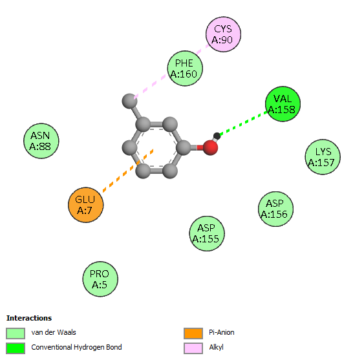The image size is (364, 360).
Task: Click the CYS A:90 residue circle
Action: [223, 34]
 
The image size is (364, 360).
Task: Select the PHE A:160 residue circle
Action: [185, 69]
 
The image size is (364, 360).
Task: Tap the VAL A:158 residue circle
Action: [283, 104]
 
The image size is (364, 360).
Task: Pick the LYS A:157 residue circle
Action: [323, 157]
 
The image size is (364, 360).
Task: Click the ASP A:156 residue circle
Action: [275, 209]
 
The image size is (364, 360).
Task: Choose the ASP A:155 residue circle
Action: [207, 233]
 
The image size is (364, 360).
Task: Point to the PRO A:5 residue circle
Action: [100, 279]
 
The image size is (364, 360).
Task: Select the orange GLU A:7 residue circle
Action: [85, 205]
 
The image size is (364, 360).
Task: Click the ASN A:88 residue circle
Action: [41, 141]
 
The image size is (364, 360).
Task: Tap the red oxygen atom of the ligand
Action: [210, 147]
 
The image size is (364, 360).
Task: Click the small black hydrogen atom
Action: [217, 136]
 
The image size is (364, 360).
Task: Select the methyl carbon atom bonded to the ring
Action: [129, 101]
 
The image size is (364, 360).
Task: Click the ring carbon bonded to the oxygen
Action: [184, 147]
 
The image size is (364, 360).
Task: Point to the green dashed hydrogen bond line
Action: [243, 123]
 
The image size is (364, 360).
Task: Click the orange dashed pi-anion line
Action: [128, 171]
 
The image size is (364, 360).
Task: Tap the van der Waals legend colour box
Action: [16, 334]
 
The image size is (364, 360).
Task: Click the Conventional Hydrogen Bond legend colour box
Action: [16, 348]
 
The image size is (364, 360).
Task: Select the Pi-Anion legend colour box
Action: [193, 334]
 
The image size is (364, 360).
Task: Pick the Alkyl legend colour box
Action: [193, 348]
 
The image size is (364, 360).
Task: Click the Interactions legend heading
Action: [29, 318]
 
